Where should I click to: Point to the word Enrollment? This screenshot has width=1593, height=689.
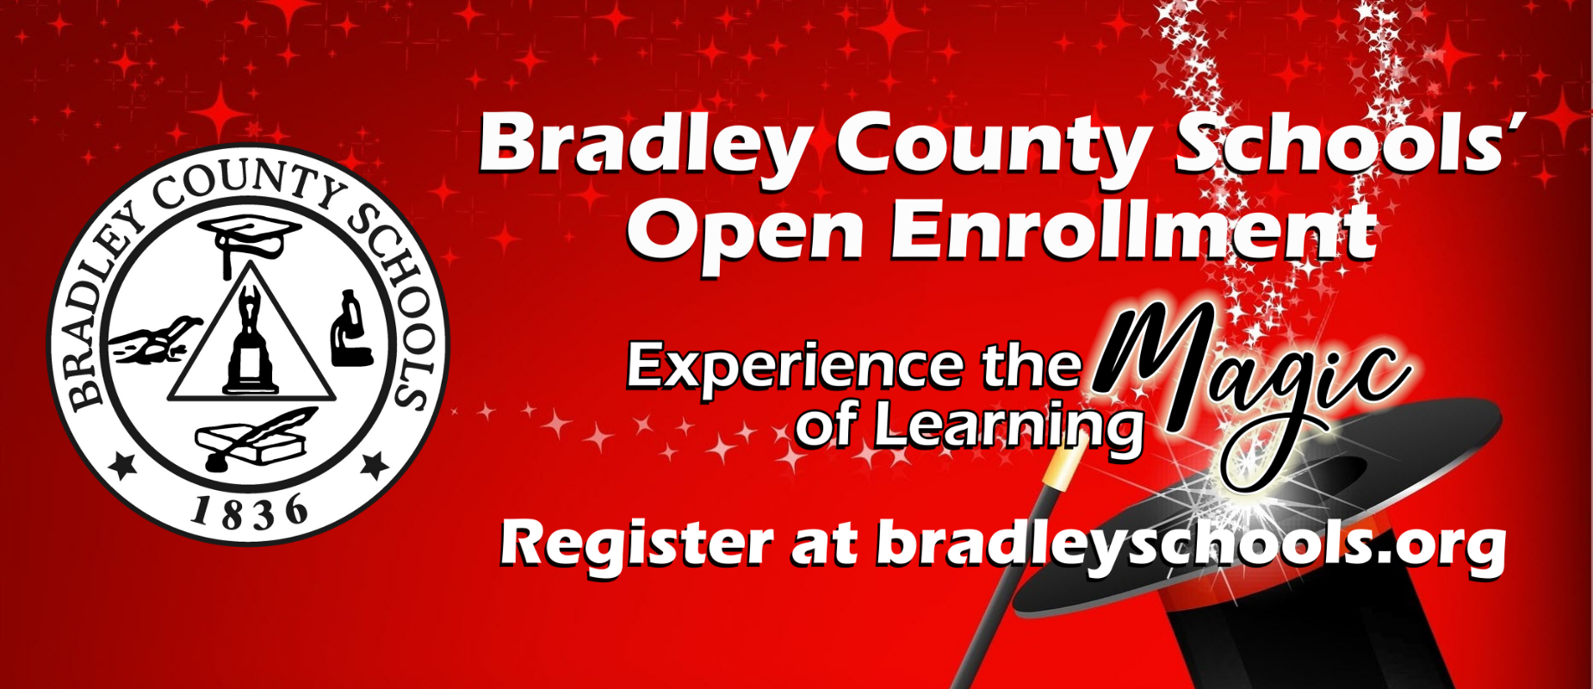point(1133,229)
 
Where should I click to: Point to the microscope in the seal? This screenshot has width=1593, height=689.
point(350,329)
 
